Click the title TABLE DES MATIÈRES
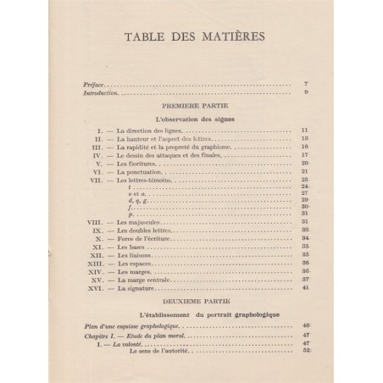click(x=191, y=40)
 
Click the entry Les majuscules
click(x=142, y=222)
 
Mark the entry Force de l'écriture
click(x=147, y=238)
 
